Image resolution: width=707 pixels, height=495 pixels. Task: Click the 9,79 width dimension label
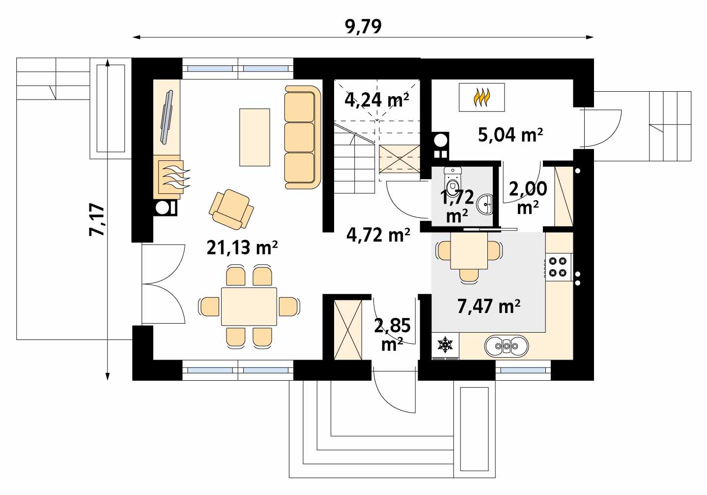(x=363, y=26)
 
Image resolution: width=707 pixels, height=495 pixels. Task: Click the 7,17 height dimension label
(x=96, y=220)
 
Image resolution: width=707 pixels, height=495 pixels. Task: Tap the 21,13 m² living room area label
(x=242, y=247)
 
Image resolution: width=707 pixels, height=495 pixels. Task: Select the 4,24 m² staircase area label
(x=377, y=100)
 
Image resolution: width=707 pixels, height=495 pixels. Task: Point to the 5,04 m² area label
(x=510, y=134)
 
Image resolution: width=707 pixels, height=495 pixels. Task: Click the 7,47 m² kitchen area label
(x=488, y=306)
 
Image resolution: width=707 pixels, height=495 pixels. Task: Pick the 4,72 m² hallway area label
(x=378, y=234)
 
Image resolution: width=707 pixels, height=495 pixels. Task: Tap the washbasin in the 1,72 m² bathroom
(x=485, y=204)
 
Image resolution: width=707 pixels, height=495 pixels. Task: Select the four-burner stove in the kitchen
(x=558, y=267)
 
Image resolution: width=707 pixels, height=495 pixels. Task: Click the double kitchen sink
(x=506, y=346)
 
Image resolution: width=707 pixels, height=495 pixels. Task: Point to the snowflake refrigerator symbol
(x=445, y=344)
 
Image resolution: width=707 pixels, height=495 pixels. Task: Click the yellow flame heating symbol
(x=481, y=97)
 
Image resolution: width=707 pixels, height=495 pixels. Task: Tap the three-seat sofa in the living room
(x=302, y=137)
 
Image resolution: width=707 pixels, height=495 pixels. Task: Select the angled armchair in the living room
(x=231, y=209)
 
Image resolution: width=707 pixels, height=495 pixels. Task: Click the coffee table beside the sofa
(x=255, y=137)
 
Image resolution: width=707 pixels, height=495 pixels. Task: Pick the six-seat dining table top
(x=249, y=306)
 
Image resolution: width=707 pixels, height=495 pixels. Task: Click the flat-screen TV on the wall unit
(x=167, y=117)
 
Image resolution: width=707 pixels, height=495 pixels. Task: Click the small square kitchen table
(x=469, y=251)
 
